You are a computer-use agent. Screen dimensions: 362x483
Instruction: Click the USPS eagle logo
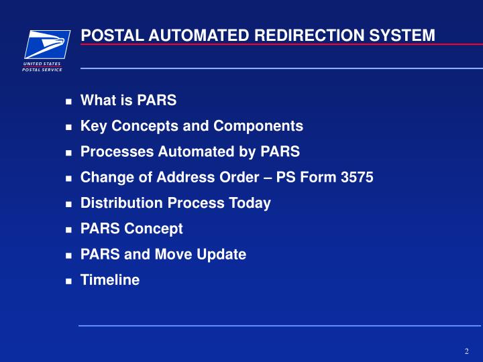tap(47, 44)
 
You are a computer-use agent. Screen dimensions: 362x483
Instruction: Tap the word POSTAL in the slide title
tap(109, 35)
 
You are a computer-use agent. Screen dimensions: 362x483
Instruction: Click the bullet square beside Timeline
tap(68, 282)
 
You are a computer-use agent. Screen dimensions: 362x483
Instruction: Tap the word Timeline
tap(110, 280)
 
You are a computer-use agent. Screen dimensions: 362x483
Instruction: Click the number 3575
tap(356, 178)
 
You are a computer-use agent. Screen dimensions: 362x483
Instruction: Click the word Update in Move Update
tap(223, 255)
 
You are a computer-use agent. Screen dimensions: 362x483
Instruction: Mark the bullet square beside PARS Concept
tap(68, 230)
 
